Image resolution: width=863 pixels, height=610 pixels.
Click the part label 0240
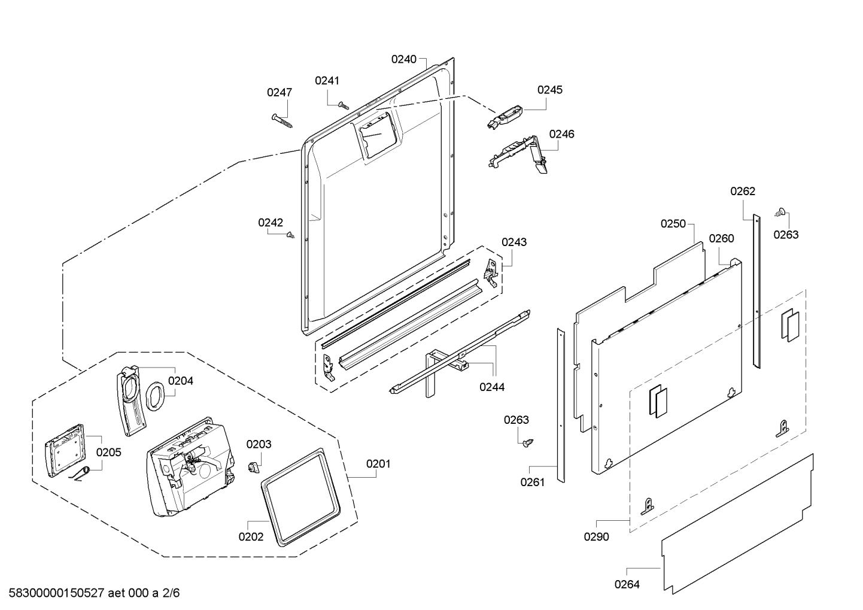pos(404,59)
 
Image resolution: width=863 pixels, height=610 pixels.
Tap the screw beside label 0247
pos(282,120)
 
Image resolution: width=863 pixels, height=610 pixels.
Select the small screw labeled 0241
pos(343,105)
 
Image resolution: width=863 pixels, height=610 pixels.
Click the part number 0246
pos(562,134)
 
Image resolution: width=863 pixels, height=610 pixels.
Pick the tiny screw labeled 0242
pos(291,234)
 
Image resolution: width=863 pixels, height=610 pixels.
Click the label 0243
pos(514,242)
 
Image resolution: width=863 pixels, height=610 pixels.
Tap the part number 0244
pos(492,387)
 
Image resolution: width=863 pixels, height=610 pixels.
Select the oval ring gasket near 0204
pos(155,396)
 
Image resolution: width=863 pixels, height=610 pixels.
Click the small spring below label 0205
pos(80,474)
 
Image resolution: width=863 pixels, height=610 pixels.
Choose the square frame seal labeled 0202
pos(300,497)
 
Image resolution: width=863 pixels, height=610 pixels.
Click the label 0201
pos(378,464)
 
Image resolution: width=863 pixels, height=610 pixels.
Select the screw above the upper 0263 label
pos(780,211)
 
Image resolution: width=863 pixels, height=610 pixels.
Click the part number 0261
pos(533,482)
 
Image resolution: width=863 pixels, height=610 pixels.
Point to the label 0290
pos(597,537)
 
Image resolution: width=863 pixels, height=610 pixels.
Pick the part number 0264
pos(627,585)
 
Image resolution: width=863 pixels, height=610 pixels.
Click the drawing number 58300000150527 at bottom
pos(57,593)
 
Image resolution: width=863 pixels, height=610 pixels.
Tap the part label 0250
pos(673,224)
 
